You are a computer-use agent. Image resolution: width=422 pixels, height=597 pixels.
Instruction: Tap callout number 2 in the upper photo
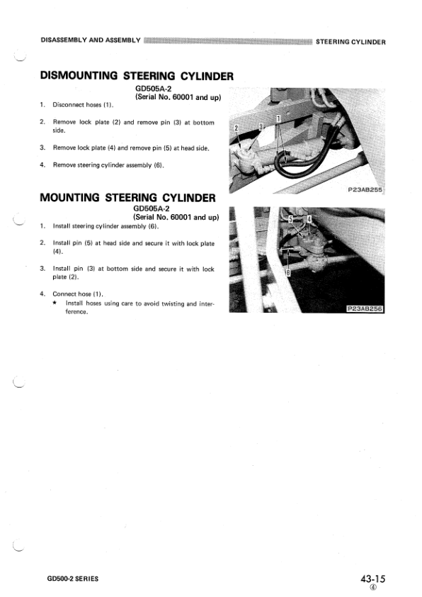(x=236, y=127)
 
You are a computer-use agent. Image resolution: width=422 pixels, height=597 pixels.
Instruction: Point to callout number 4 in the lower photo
(x=309, y=220)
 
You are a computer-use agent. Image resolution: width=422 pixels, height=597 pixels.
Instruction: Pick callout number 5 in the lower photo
(x=289, y=220)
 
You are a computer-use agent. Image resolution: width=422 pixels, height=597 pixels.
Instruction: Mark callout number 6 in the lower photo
(x=287, y=272)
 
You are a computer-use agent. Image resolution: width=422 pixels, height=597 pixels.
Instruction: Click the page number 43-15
(x=372, y=579)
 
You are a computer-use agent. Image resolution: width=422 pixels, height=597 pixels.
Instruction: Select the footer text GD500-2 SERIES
(x=69, y=579)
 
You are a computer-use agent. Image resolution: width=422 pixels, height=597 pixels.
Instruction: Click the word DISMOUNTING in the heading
(x=79, y=74)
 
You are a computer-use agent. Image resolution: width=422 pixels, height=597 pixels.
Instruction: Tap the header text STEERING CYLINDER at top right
(x=350, y=41)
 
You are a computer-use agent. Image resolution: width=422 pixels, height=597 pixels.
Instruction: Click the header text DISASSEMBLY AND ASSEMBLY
(x=90, y=39)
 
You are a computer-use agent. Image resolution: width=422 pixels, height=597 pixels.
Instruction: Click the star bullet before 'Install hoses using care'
(x=55, y=303)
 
